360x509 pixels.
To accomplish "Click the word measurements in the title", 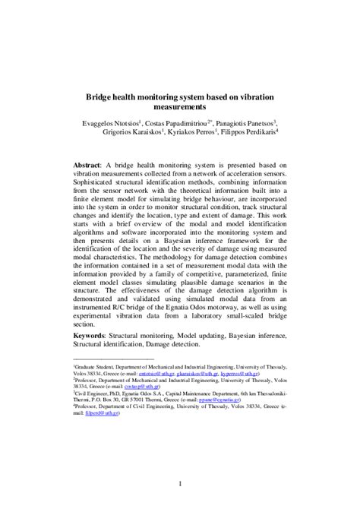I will (180, 110).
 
